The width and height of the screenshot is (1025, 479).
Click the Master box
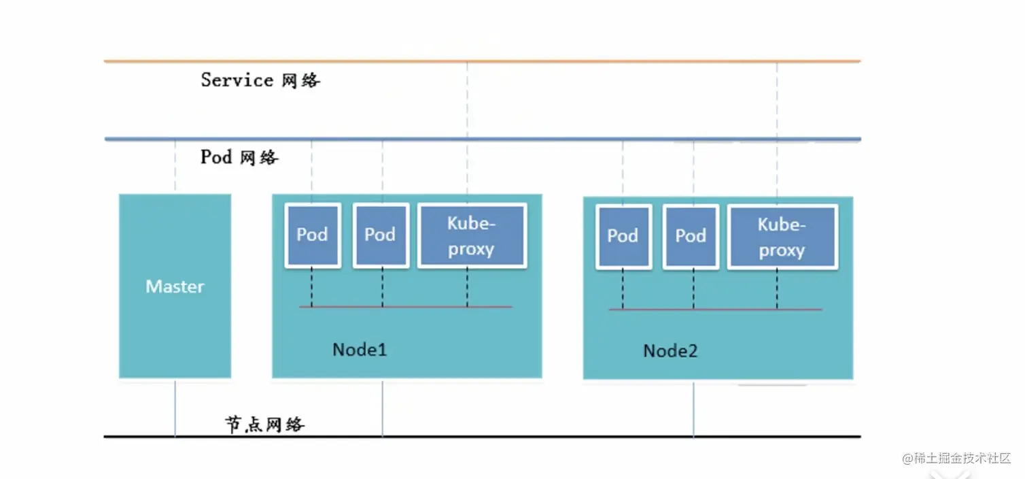click(175, 286)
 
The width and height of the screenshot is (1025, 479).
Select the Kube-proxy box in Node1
click(472, 236)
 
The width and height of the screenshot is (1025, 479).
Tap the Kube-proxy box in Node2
click(783, 237)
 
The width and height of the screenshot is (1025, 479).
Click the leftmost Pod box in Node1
click(313, 235)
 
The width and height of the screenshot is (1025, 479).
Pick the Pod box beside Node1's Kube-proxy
click(381, 235)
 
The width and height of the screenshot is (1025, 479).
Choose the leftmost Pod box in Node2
click(624, 237)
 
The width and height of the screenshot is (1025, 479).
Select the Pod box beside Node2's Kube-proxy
click(691, 237)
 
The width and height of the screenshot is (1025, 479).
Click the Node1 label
click(360, 350)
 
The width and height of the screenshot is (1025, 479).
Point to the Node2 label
click(670, 351)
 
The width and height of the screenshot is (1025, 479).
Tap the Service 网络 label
click(260, 80)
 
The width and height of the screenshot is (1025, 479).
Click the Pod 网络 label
click(239, 157)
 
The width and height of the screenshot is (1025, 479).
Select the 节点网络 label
click(264, 424)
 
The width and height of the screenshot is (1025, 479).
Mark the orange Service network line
click(483, 61)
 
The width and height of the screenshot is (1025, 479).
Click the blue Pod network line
click(483, 139)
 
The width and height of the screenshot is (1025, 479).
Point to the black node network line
click(483, 436)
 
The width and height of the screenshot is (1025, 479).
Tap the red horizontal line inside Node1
click(405, 307)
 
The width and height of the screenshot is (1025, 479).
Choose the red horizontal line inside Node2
click(715, 310)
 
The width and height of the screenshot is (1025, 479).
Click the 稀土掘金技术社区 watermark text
click(956, 458)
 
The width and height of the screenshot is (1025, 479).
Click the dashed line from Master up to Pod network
click(175, 167)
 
